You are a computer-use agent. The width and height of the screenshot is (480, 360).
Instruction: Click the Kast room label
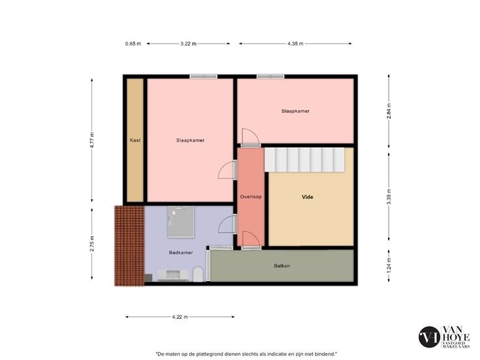(135, 140)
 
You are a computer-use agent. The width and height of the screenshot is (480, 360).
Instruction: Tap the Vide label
(307, 197)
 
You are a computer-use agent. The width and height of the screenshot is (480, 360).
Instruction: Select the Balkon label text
(282, 265)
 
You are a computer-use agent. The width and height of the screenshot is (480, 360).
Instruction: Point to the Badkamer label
(181, 252)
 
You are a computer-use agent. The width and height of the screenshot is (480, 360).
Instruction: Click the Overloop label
(250, 197)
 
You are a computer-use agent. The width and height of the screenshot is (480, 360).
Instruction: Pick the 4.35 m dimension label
(295, 44)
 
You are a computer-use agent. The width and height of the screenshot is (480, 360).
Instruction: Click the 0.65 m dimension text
(133, 44)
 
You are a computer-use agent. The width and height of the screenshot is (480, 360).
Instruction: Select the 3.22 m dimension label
(188, 44)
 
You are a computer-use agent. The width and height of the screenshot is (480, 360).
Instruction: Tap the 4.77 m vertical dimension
(92, 140)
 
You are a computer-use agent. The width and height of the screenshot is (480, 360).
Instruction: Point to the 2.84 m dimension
(389, 111)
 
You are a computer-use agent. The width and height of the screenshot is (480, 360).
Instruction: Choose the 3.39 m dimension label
(389, 197)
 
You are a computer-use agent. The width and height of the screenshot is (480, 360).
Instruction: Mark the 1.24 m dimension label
(389, 265)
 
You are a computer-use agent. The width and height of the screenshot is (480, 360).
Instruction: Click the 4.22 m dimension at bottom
(180, 317)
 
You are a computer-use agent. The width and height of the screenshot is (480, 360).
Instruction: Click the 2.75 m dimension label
(92, 244)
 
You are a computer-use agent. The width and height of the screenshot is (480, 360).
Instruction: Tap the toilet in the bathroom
(198, 275)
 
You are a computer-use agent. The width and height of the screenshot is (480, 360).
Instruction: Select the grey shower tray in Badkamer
(181, 222)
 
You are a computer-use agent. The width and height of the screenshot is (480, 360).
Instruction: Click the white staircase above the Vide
(305, 160)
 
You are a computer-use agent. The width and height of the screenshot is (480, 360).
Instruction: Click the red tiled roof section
(130, 246)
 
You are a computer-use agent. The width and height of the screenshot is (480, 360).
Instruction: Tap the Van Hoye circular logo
(429, 337)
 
